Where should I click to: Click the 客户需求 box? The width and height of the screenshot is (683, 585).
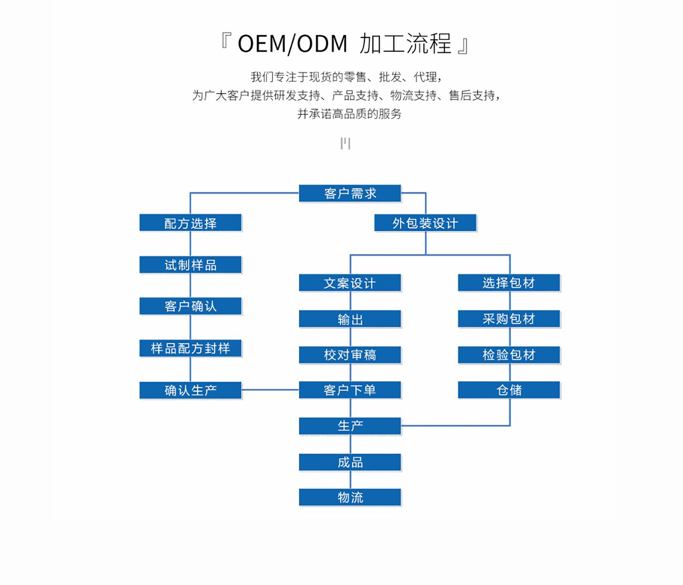point(350,193)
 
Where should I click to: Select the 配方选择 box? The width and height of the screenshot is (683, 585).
point(190,223)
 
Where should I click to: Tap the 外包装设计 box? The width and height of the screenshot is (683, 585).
point(425,223)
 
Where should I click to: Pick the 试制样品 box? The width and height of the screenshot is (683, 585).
point(190,265)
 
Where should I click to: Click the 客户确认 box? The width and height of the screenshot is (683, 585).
point(190,306)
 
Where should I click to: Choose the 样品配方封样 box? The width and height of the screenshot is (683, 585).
point(190,348)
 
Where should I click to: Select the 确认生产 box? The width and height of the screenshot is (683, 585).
point(190,390)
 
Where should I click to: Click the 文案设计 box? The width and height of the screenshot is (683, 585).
point(350,283)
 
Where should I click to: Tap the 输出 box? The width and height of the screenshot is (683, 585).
point(350,319)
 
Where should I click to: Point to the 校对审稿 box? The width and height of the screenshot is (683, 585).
point(350,355)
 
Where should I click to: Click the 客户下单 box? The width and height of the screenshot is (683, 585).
point(350,390)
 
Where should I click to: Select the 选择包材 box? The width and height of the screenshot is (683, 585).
point(509,283)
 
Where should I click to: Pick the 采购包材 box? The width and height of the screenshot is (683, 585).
point(509,319)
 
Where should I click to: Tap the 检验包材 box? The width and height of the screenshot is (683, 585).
point(509,355)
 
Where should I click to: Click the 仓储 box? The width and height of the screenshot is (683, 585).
point(509,390)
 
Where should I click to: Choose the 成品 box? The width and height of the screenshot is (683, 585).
point(350,462)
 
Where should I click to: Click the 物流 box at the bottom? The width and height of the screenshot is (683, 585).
point(350,497)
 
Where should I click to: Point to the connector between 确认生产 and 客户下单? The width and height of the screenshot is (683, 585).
point(270,390)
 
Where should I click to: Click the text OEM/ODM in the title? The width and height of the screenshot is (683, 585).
point(292,44)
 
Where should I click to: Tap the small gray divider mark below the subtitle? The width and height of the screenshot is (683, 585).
point(345,143)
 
